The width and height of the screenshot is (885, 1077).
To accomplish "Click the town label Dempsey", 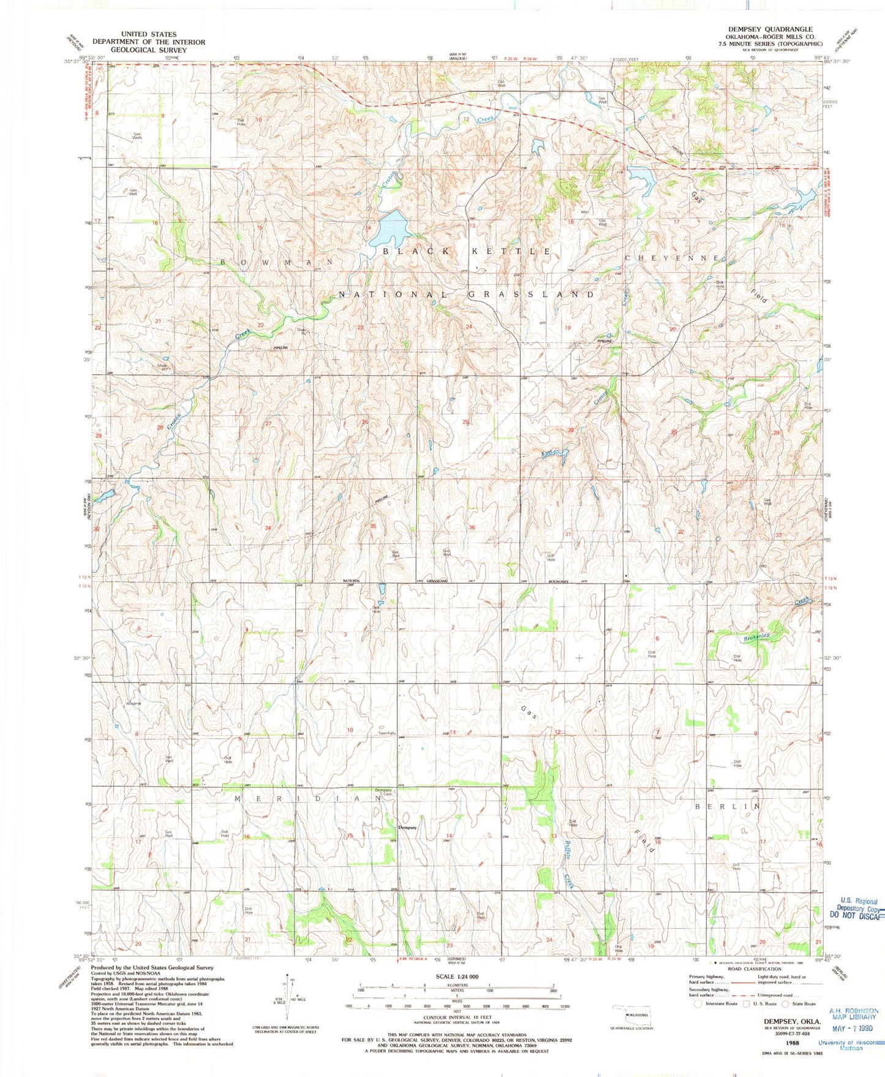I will [407, 828].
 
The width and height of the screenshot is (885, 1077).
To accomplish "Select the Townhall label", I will [386, 733].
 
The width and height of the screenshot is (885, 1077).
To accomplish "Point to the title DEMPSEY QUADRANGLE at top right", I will [770, 29].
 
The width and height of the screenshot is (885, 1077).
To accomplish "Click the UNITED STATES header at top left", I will [148, 34].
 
